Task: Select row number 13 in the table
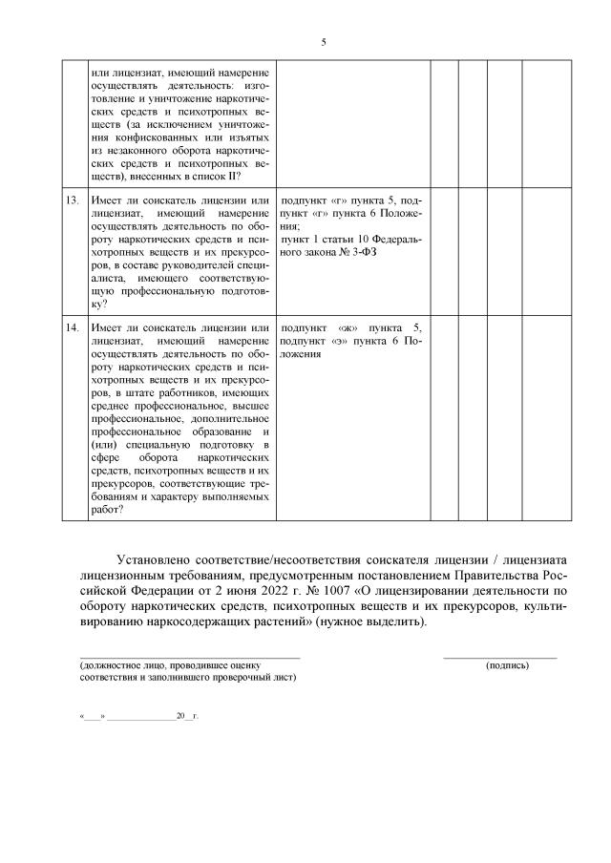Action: [72, 200]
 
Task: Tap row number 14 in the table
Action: [72, 327]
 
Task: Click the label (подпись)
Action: [506, 665]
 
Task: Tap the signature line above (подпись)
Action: [499, 657]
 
